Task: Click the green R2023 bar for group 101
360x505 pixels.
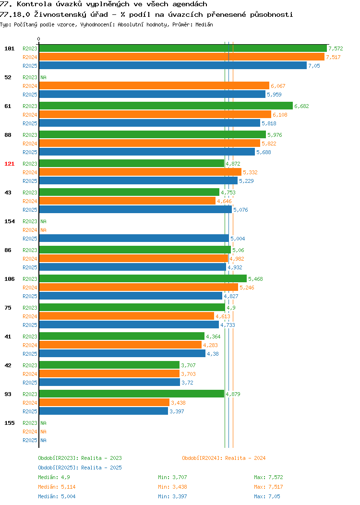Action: [x=183, y=48]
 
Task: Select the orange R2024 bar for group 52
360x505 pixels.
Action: [x=154, y=85]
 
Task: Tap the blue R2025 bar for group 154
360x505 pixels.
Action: [x=134, y=238]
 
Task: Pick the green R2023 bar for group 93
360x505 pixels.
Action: [x=132, y=394]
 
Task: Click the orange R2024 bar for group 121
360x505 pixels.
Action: [x=140, y=172]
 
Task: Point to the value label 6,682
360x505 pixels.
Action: [x=301, y=106]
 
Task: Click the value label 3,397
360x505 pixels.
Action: [x=177, y=411]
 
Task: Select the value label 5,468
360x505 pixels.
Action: [x=255, y=279]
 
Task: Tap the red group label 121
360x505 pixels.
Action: [x=9, y=164]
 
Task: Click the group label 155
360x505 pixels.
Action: [x=9, y=423]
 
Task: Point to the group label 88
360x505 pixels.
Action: [x=8, y=135]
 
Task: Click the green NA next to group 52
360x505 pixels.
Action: [x=44, y=77]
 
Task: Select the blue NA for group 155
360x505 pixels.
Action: [x=44, y=440]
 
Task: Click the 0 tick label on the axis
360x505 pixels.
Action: [x=39, y=39]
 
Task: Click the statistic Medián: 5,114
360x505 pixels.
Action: [x=57, y=487]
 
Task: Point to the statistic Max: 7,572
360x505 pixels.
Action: [x=268, y=477]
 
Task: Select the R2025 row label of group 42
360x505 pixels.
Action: [x=30, y=383]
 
